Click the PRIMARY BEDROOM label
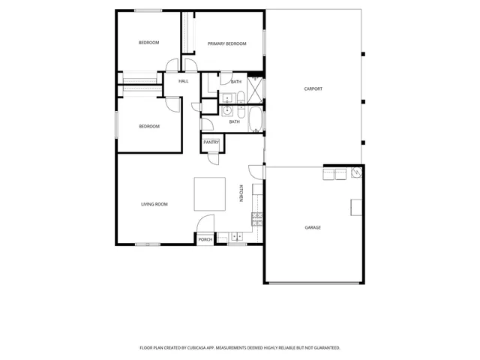[226, 43]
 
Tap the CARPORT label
[313, 88]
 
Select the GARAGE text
[313, 227]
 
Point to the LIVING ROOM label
[154, 204]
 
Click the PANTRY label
[211, 142]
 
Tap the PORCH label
[205, 239]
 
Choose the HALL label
[183, 81]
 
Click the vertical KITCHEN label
[241, 193]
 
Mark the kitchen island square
[210, 193]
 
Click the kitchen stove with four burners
[257, 219]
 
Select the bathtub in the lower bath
[256, 120]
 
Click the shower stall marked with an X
[256, 88]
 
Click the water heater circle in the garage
[358, 172]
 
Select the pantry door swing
[213, 158]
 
